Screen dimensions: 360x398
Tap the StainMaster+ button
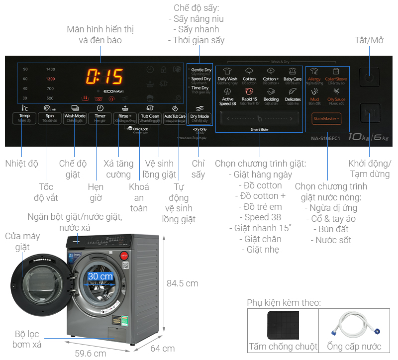click(x=327, y=119)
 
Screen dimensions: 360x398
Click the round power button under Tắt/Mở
click(x=369, y=78)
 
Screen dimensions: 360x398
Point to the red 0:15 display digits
click(x=104, y=77)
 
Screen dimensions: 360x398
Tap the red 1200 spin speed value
click(x=50, y=79)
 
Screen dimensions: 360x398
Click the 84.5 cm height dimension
click(x=182, y=283)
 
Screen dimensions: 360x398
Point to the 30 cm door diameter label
click(x=100, y=276)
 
